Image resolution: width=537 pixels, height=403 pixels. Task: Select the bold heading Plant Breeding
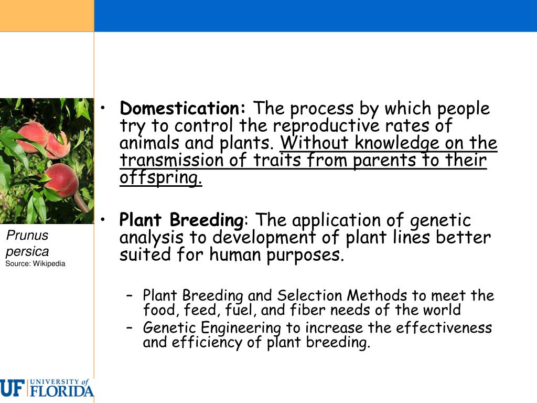181,220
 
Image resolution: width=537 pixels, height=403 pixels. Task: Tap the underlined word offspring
160,178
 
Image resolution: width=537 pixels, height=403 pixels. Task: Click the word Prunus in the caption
27,236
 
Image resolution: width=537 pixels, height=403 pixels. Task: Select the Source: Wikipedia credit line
35,263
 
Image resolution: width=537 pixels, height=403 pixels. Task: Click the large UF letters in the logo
12,388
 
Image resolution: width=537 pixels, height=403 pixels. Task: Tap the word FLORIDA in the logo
62,391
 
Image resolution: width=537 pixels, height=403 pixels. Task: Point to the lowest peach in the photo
62,179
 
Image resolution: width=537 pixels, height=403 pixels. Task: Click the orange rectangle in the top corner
47,16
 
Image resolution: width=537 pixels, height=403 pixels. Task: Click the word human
236,255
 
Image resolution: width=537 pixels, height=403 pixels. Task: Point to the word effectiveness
444,328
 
